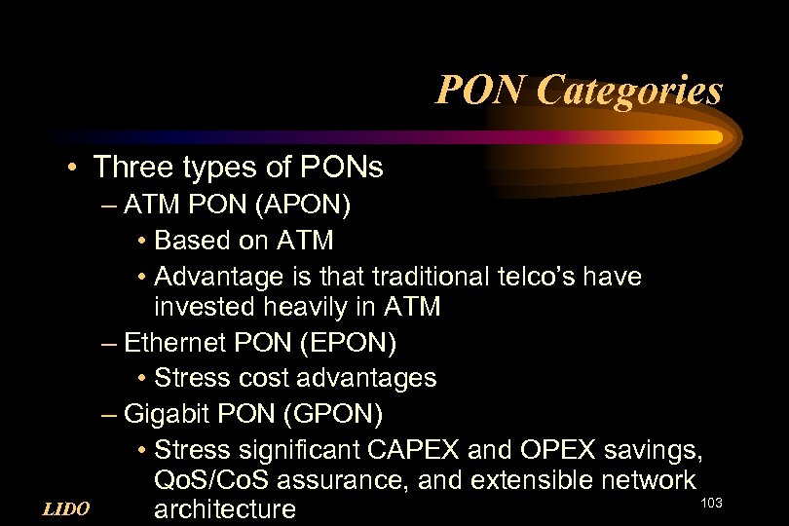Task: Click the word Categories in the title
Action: [x=629, y=91]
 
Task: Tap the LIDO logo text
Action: [x=66, y=508]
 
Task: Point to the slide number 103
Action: [x=711, y=502]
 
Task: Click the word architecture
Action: [x=225, y=509]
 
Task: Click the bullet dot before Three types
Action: [x=74, y=169]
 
